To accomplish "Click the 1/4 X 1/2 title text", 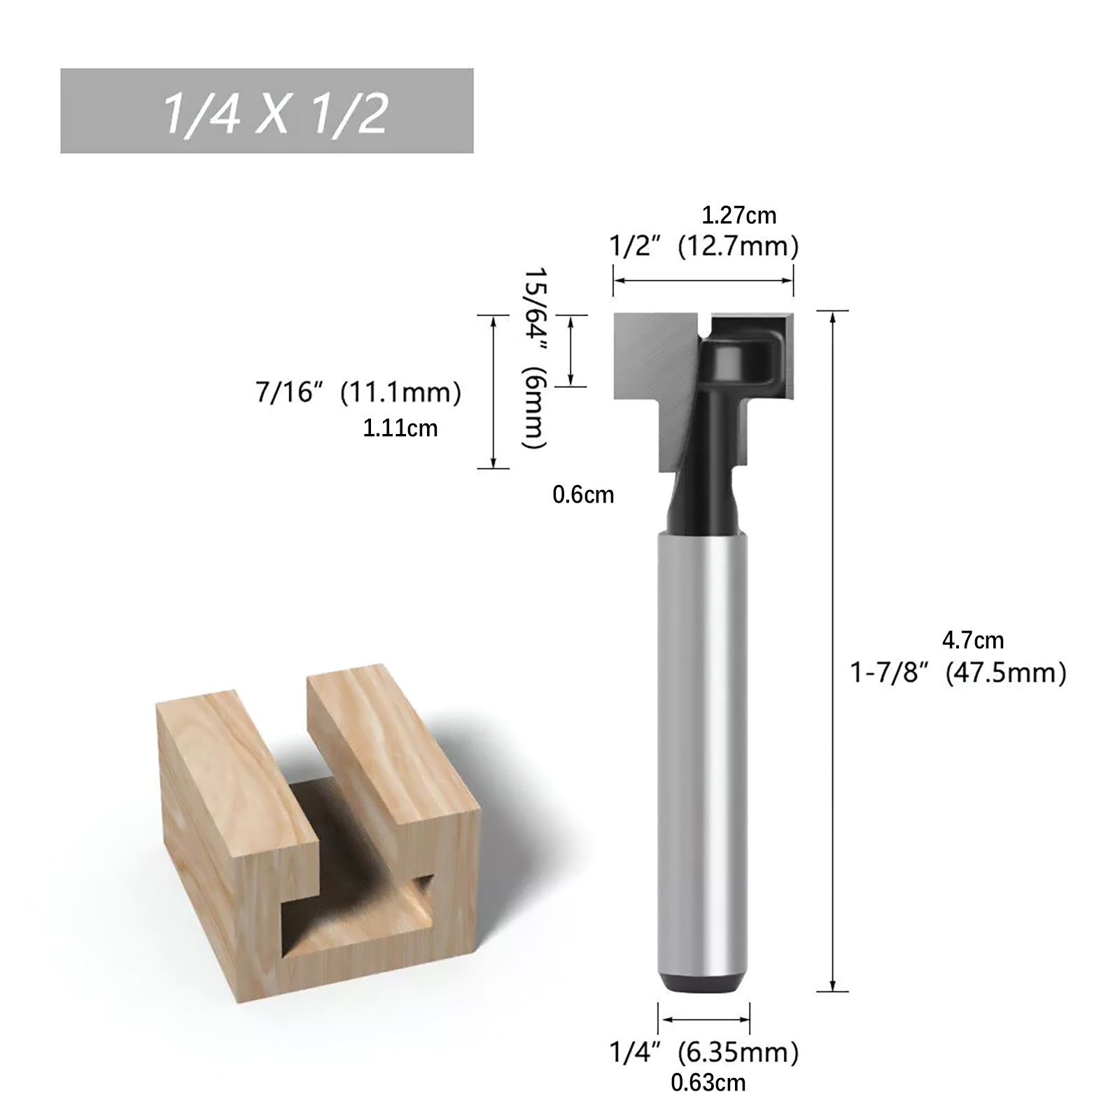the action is point(274,113).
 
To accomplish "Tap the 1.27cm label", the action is point(739,215).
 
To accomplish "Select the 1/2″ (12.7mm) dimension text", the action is point(703,246).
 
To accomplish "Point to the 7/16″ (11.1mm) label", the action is point(358,393).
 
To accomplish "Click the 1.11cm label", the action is point(400,428).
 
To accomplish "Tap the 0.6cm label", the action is point(583,495).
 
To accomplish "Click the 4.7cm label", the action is point(973,640).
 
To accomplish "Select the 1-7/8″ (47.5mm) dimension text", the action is point(958,673).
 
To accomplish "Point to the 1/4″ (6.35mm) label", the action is point(703,1052).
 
